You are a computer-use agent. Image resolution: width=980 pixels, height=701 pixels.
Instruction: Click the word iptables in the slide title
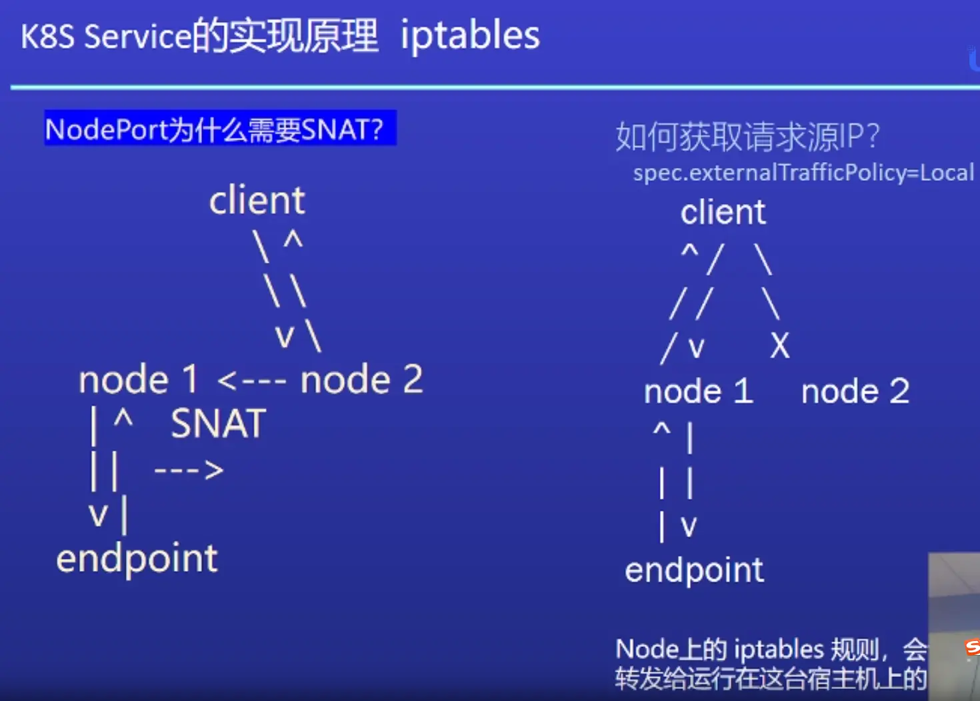pyautogui.click(x=470, y=36)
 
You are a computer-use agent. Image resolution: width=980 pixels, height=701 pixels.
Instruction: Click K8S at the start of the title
pyautogui.click(x=47, y=37)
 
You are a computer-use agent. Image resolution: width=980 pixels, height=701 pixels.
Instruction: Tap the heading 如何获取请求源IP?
pyautogui.click(x=747, y=137)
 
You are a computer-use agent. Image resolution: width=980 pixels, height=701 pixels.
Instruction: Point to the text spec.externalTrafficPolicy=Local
pyautogui.click(x=803, y=173)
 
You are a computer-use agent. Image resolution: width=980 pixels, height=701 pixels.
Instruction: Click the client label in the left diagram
pyautogui.click(x=257, y=200)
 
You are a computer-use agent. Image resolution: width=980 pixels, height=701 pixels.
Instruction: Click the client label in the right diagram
pyautogui.click(x=723, y=213)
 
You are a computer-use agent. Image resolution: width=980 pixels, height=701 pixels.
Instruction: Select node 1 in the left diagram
pyautogui.click(x=138, y=380)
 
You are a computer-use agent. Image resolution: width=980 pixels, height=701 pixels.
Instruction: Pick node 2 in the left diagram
pyautogui.click(x=361, y=380)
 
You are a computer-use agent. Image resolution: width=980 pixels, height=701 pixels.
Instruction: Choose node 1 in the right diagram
pyautogui.click(x=698, y=391)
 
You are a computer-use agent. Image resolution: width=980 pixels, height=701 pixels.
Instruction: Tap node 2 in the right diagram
pyautogui.click(x=855, y=391)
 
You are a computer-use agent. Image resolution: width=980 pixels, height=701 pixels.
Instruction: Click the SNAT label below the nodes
pyautogui.click(x=218, y=424)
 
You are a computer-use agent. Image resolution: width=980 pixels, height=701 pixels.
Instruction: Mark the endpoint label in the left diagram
pyautogui.click(x=137, y=559)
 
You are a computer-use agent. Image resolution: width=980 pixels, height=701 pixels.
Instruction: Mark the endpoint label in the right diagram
pyautogui.click(x=694, y=570)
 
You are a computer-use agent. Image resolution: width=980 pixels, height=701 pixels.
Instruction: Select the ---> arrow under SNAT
pyautogui.click(x=189, y=470)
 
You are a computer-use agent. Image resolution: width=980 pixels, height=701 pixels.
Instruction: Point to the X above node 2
pyautogui.click(x=779, y=346)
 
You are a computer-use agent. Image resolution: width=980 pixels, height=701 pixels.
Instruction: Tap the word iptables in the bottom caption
pyautogui.click(x=779, y=650)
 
